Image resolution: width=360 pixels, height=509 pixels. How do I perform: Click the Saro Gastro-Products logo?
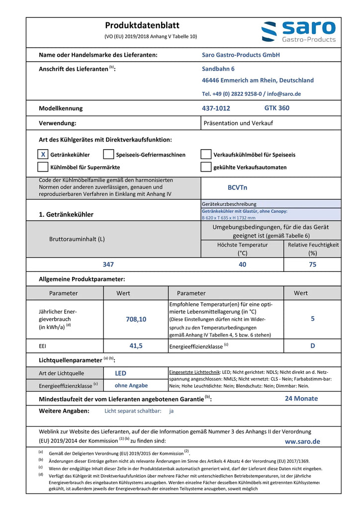298,32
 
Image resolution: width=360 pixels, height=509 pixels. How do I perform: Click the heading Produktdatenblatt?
142,25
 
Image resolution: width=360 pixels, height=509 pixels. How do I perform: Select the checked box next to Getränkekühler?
43,155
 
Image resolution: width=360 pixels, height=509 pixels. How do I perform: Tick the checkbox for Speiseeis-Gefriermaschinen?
108,155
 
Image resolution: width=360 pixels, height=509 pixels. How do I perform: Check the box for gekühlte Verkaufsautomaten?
206,167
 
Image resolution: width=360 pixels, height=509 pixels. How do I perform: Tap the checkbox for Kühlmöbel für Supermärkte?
43,167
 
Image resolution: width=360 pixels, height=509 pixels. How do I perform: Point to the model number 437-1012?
216,108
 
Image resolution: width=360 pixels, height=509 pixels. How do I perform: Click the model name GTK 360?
276,108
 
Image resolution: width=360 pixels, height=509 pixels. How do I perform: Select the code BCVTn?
237,187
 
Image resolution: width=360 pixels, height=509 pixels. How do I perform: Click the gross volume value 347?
108,264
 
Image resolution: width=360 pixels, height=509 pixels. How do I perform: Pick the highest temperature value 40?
242,264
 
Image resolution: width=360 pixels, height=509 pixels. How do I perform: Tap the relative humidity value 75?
312,264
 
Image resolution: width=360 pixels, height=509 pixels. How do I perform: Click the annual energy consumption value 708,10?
136,320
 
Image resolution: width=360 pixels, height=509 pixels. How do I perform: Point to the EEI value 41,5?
136,345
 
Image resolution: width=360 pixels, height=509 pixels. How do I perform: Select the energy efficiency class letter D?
312,345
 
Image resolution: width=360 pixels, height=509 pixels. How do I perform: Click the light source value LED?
121,373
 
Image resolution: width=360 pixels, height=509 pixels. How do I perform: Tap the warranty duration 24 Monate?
301,398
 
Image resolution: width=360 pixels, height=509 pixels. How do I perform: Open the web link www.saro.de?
302,441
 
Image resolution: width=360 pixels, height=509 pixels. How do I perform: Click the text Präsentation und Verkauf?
238,123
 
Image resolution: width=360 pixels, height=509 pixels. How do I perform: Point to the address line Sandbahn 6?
218,69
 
